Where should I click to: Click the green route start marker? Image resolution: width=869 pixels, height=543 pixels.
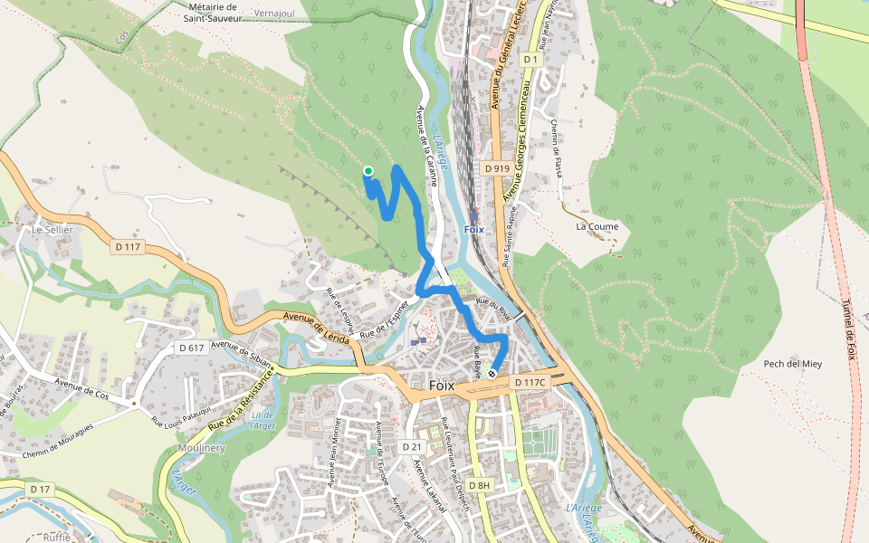click(x=368, y=170)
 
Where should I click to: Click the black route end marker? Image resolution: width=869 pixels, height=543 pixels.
click(x=492, y=373)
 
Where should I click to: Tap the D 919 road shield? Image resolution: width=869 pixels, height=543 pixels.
click(x=497, y=168)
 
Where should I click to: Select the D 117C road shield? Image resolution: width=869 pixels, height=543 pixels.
click(x=530, y=383)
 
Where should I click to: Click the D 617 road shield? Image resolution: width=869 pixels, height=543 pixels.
click(x=191, y=348)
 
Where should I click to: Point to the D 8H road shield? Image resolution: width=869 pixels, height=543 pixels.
click(x=479, y=486)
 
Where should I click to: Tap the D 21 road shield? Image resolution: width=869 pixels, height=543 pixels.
click(x=411, y=447)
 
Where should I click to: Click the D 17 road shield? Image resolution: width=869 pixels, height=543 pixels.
click(x=40, y=489)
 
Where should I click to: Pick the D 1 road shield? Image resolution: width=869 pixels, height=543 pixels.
click(x=531, y=60)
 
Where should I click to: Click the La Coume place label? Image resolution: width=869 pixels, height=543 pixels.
click(x=597, y=226)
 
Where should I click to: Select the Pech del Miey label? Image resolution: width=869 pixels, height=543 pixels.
click(x=792, y=364)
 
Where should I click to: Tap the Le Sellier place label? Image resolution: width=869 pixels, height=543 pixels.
click(x=52, y=230)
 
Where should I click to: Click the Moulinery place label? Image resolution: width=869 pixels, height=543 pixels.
click(x=203, y=448)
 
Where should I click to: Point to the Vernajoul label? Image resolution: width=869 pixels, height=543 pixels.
click(x=275, y=14)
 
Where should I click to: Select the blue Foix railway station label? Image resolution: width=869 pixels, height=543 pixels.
click(x=474, y=229)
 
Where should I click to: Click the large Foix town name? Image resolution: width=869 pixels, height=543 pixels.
click(x=441, y=386)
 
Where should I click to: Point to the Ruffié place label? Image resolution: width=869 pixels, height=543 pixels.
click(x=56, y=536)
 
